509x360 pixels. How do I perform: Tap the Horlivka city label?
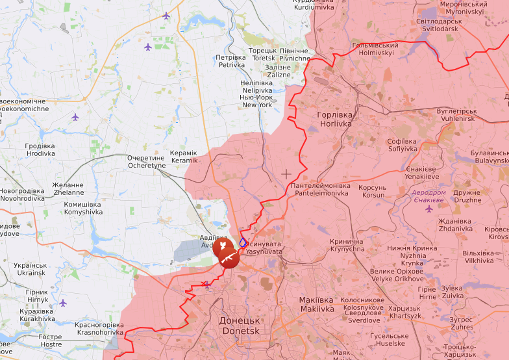point(334,119)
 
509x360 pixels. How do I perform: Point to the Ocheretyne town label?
point(147,162)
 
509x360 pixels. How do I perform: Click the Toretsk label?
point(263,54)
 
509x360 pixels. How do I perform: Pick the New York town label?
point(256,101)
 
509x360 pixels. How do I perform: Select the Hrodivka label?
point(40,150)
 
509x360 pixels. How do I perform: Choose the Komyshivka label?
point(82,208)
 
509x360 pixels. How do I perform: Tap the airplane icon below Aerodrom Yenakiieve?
point(428,209)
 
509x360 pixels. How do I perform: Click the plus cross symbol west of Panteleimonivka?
point(286,174)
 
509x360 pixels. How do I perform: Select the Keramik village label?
point(183,157)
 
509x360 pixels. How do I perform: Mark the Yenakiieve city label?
point(422,172)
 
